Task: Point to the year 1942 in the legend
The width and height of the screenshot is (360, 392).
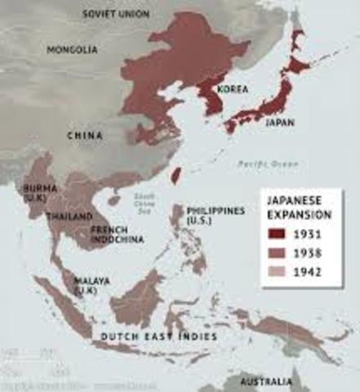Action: (x=309, y=272)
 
